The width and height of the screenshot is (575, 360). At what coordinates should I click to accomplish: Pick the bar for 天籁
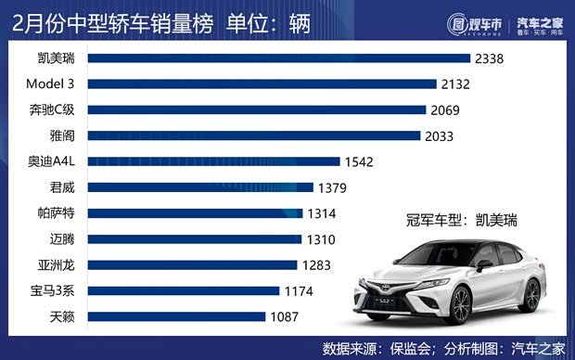click(x=176, y=317)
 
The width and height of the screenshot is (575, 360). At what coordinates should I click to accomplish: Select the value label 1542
click(x=358, y=161)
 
